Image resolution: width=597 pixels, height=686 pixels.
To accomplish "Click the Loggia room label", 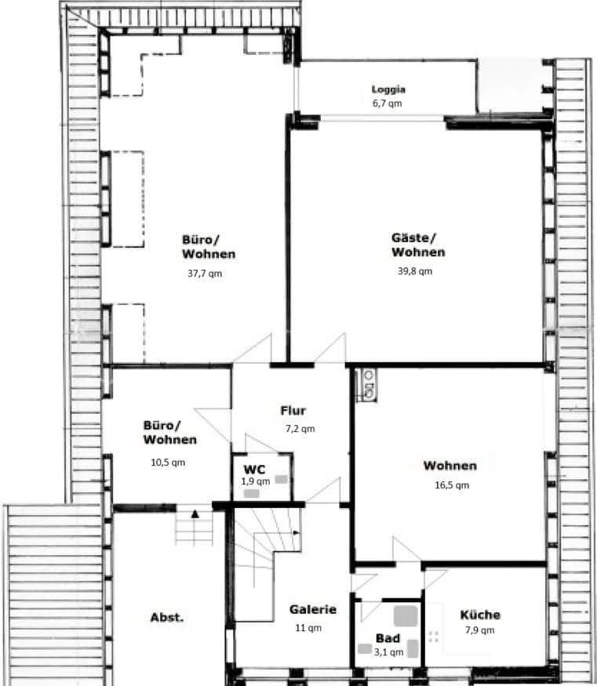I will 388,89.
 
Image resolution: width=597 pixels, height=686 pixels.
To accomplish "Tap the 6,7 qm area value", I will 388,103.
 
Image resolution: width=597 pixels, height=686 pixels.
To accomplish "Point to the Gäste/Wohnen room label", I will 418,245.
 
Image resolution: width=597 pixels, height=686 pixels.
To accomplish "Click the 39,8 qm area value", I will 415,271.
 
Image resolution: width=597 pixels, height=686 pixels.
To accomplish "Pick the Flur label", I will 293,410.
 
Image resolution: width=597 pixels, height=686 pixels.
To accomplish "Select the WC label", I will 255,469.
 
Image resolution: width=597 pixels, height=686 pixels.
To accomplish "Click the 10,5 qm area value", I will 168,462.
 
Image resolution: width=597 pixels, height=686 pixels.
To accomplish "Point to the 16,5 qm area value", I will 452,485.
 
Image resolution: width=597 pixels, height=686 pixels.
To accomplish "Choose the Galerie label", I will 313,609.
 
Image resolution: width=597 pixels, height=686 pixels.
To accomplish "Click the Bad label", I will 387,638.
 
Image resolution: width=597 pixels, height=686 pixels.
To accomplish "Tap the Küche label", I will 479,615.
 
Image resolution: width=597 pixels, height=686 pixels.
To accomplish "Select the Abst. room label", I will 167,617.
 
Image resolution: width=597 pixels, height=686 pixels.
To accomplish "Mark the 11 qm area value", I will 308,627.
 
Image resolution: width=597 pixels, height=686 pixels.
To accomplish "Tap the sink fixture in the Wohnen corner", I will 366,384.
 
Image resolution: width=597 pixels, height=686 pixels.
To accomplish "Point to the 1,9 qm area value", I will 255,481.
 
